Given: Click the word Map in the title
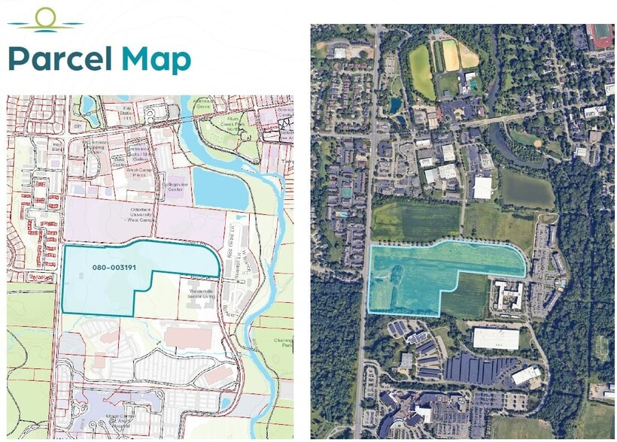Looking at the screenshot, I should coord(157,59).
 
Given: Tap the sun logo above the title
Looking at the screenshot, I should coord(46,19).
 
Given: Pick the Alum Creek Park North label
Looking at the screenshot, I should coord(239,125).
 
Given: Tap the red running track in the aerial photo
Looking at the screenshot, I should coord(601,35).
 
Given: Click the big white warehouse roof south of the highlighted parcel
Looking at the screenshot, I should coord(496,338).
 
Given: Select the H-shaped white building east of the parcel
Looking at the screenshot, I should coord(510,295).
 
